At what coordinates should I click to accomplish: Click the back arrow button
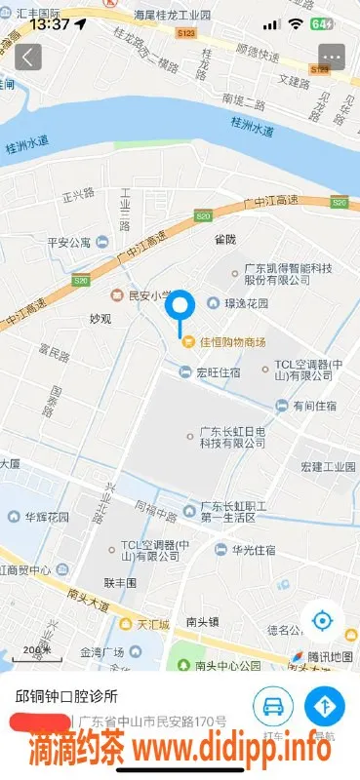click(x=27, y=57)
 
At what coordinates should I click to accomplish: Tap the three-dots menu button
click(x=332, y=57)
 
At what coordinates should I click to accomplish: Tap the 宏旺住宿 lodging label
click(x=218, y=370)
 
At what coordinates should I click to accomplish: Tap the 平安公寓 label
click(x=68, y=243)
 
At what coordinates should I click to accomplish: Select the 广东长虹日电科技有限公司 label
click(x=232, y=436)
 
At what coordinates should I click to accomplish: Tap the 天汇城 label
click(x=153, y=623)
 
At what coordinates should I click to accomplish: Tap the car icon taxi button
click(x=273, y=704)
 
